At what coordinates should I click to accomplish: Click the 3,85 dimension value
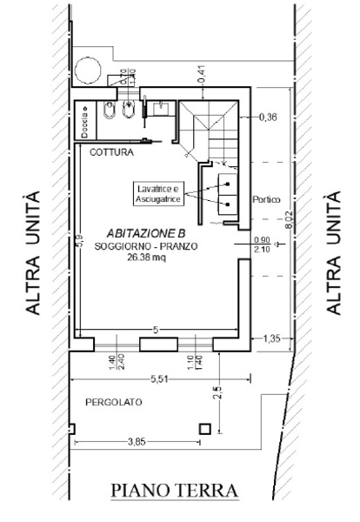[136, 442]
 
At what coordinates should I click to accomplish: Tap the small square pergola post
[205, 427]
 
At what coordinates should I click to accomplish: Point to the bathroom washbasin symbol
[161, 108]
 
